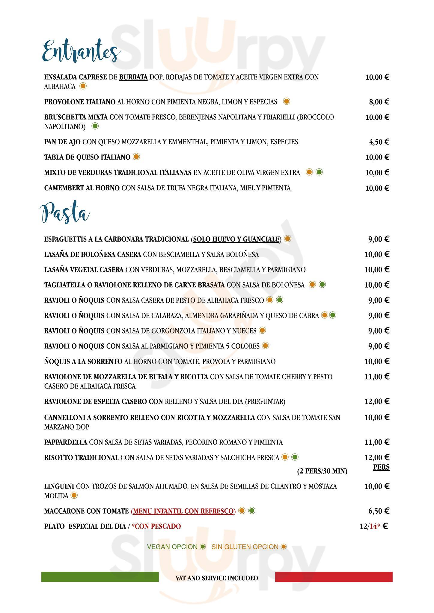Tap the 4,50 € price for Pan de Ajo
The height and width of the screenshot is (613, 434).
pyautogui.click(x=379, y=142)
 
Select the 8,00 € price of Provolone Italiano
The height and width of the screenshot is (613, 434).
pyautogui.click(x=379, y=102)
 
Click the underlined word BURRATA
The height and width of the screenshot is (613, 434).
pyautogui.click(x=133, y=77)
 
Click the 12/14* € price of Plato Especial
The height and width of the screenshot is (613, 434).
pyautogui.click(x=373, y=526)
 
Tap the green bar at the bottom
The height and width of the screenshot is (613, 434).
pyautogui.click(x=100, y=577)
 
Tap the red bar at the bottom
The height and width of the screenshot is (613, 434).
pyautogui.click(x=334, y=577)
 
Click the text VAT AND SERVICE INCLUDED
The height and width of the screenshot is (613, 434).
pyautogui.click(x=217, y=578)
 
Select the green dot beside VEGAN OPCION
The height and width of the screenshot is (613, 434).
pyautogui.click(x=203, y=547)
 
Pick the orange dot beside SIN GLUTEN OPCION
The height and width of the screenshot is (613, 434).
pyautogui.click(x=283, y=547)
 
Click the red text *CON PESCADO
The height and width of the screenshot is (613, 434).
pyautogui.click(x=156, y=526)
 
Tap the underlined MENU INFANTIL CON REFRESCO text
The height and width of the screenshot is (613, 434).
pyautogui.click(x=184, y=511)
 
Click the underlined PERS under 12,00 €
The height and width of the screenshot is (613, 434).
pyautogui.click(x=381, y=467)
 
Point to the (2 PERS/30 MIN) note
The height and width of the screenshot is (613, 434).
pyautogui.click(x=322, y=471)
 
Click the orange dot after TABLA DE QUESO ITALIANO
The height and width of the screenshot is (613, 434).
pyautogui.click(x=136, y=157)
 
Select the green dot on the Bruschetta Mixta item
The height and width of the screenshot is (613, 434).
pyautogui.click(x=95, y=126)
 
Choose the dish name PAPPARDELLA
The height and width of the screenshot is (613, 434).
pyautogui.click(x=66, y=442)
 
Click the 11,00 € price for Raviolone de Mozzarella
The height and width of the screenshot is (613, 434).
pyautogui.click(x=377, y=377)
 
